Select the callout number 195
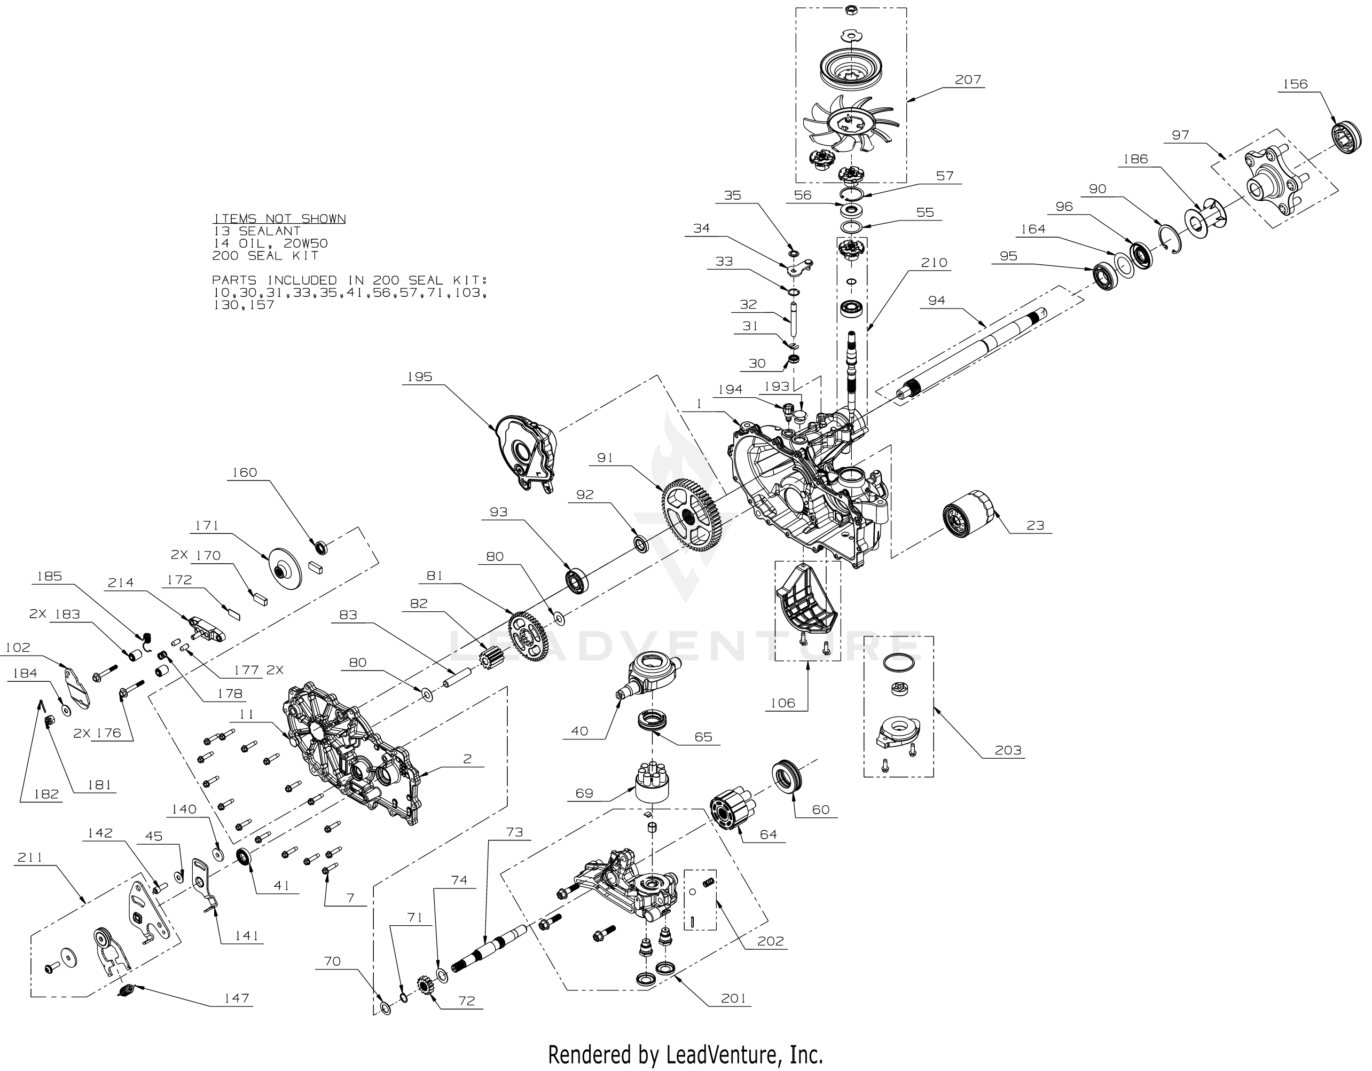420,376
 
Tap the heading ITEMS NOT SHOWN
279,218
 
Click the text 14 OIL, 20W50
270,243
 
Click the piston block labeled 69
653,782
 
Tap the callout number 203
1008,750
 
